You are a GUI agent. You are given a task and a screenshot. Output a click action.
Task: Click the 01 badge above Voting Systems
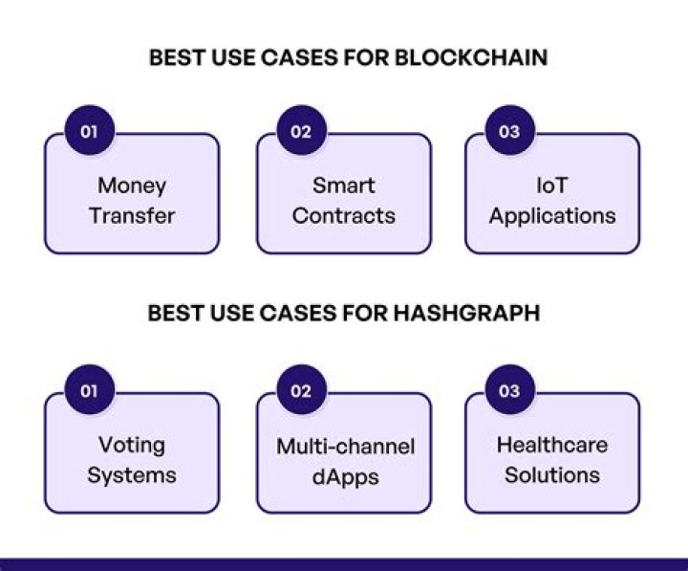coord(89,391)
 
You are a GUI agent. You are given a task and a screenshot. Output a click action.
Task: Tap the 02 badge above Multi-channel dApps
coord(301,391)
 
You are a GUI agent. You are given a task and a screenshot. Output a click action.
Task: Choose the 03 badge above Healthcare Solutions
coord(509,391)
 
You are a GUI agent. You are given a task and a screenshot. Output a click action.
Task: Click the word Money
coord(132,186)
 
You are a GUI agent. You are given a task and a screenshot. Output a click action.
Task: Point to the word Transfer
coord(132,215)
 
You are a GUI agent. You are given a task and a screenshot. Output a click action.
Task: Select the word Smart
coord(344,186)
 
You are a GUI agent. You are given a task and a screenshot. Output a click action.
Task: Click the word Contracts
coord(344,215)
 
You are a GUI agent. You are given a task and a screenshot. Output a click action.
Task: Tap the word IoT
coord(552,186)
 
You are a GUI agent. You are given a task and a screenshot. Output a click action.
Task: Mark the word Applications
coord(552,216)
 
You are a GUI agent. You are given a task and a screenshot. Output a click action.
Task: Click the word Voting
coord(132,446)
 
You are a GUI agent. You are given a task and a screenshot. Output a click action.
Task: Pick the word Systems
coord(132,475)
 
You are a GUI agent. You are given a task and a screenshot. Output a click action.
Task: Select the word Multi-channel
coord(345,446)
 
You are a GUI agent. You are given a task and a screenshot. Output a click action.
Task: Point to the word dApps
coord(344,475)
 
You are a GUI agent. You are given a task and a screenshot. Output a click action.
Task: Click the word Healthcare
coord(552,445)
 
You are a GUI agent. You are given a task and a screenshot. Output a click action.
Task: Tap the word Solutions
coord(552,475)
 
